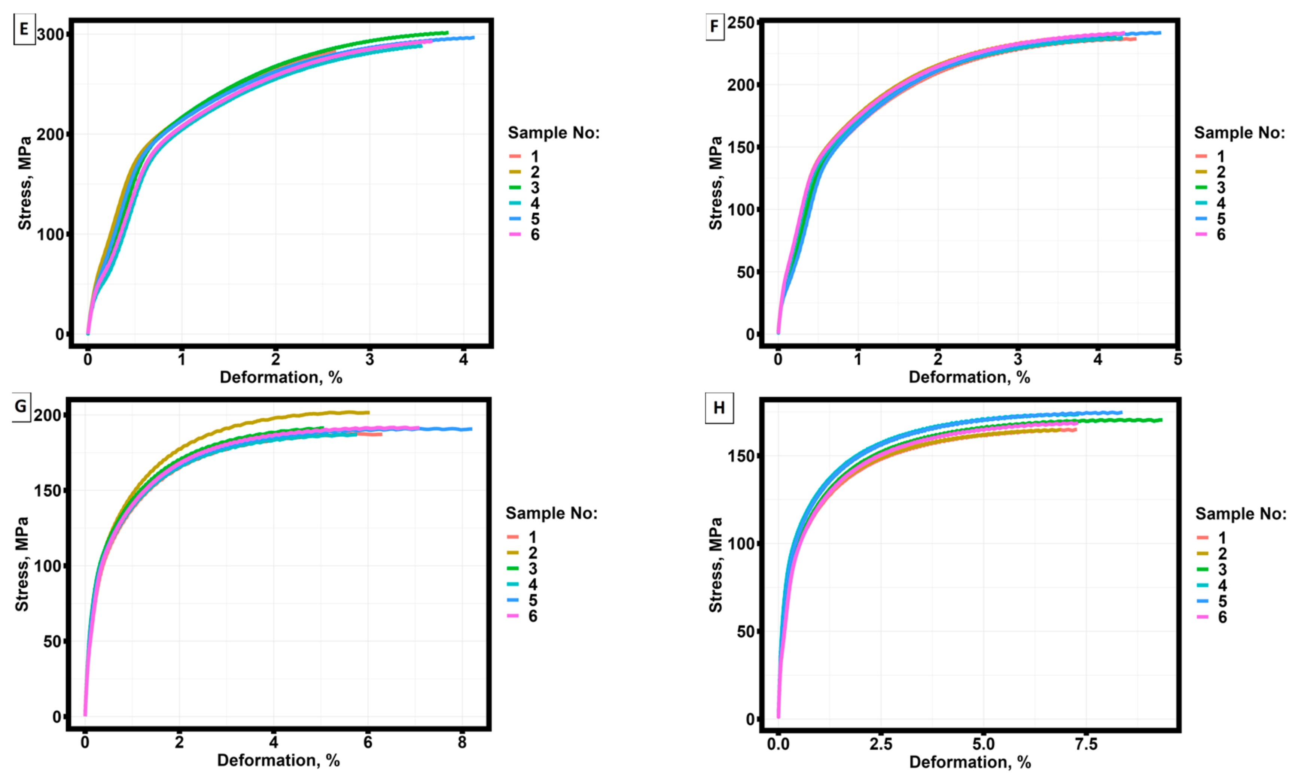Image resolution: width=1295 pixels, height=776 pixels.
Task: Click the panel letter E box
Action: (x=24, y=29)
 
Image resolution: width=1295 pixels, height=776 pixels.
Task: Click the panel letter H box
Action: (x=719, y=408)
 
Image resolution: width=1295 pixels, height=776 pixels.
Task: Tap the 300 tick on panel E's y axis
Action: (x=50, y=34)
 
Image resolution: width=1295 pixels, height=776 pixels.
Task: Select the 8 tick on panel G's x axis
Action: (x=462, y=743)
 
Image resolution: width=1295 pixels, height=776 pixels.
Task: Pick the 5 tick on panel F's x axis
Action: (x=1177, y=359)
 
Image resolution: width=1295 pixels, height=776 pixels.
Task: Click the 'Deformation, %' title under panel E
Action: (x=281, y=377)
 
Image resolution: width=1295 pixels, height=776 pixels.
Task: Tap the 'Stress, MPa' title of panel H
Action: (x=716, y=565)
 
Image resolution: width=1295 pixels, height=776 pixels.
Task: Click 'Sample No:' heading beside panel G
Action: (x=551, y=513)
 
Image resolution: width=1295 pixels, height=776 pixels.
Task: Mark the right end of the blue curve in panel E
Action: (x=473, y=37)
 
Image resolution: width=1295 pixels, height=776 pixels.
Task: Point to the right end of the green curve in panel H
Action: (x=1161, y=419)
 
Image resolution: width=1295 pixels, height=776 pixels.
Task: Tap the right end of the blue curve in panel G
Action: (x=471, y=429)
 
